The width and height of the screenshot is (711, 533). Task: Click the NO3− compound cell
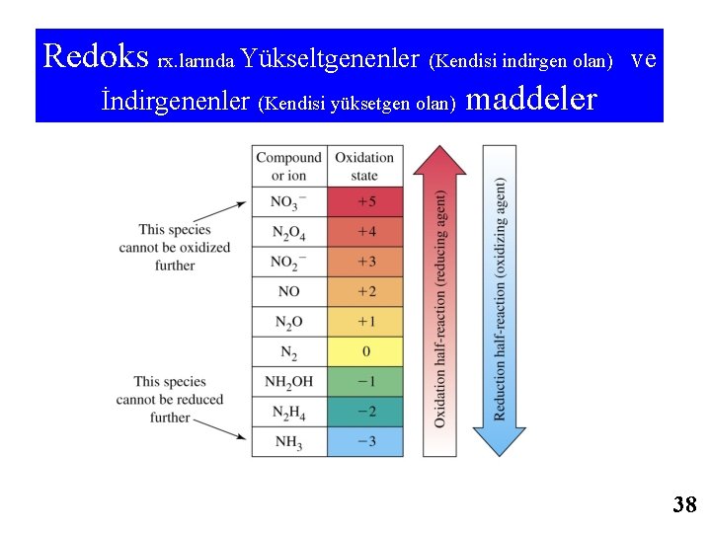(288, 202)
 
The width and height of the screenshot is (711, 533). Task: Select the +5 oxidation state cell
(365, 202)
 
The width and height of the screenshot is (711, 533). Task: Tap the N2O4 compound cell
(288, 233)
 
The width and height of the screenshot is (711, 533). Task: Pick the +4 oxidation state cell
(365, 233)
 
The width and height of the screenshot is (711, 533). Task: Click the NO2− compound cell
(288, 263)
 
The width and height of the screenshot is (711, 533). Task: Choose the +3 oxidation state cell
(365, 263)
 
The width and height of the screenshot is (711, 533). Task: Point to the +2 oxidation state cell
(365, 292)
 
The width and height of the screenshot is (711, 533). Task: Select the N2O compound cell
(288, 322)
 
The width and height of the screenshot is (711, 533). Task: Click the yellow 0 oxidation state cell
(365, 351)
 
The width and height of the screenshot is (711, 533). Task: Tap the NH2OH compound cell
(288, 381)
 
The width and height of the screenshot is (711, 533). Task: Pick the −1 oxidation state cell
(365, 381)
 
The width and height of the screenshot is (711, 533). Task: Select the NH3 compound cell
(288, 441)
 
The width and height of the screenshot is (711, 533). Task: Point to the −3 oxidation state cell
(365, 441)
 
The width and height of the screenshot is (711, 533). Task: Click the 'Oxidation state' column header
(365, 166)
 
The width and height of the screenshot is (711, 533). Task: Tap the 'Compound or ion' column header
(288, 166)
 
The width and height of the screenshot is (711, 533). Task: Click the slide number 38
(684, 505)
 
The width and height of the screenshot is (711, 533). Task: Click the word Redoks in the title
(96, 56)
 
